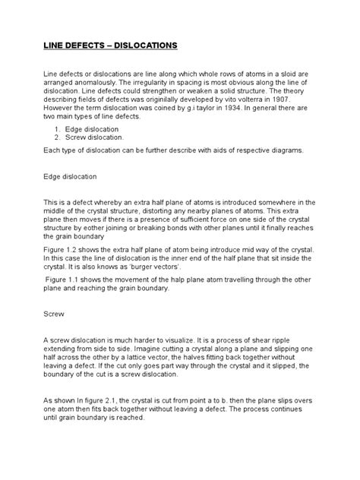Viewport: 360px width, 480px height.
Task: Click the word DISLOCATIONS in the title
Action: click(x=146, y=46)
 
